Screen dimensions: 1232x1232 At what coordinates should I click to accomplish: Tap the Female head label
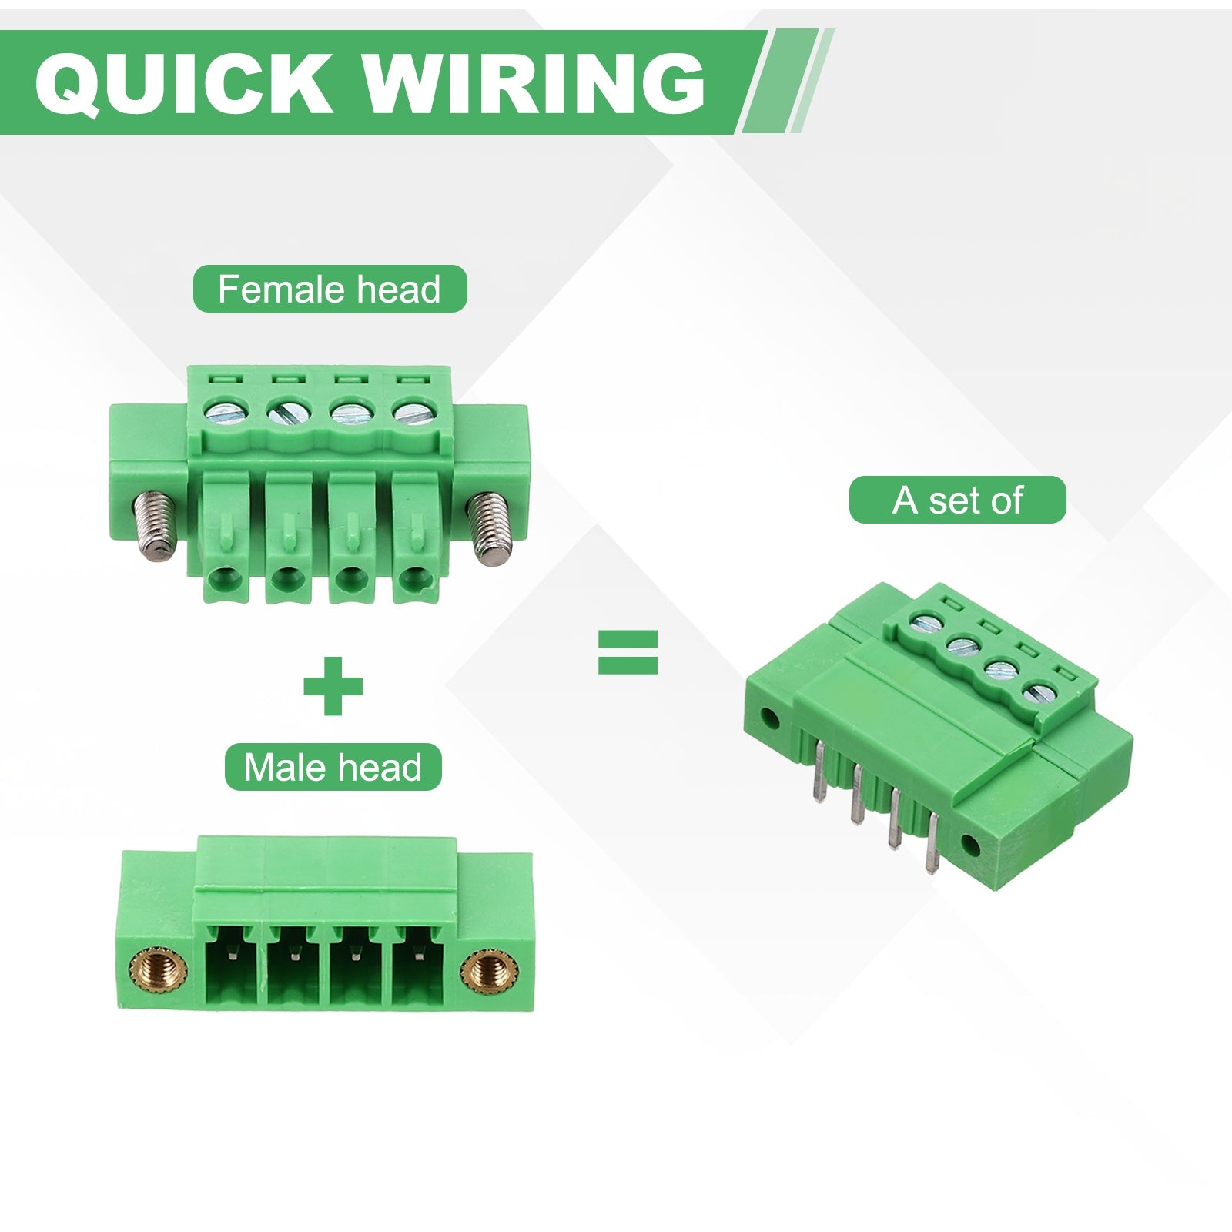tap(330, 289)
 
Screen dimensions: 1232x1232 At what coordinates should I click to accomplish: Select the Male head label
tap(333, 767)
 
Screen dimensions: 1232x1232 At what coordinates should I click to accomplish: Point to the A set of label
tap(957, 500)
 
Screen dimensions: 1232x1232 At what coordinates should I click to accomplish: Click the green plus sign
tap(333, 685)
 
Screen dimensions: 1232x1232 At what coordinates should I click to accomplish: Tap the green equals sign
tap(628, 652)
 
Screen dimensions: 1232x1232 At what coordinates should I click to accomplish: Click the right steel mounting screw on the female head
tap(490, 529)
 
